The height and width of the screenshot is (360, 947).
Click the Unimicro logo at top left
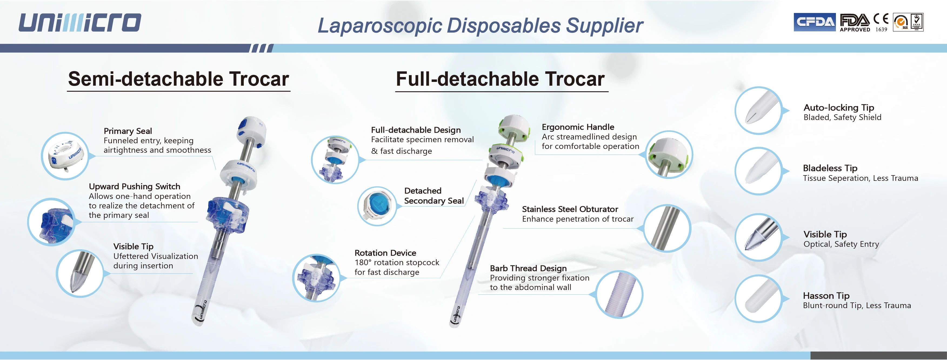tap(80, 22)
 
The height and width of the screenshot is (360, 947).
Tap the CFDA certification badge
tap(815, 22)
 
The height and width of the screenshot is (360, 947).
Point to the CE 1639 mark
tap(881, 22)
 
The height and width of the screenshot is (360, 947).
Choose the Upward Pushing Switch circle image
tap(51, 222)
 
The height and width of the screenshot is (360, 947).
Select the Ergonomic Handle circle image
tap(668, 154)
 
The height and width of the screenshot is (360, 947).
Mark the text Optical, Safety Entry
tap(841, 244)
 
